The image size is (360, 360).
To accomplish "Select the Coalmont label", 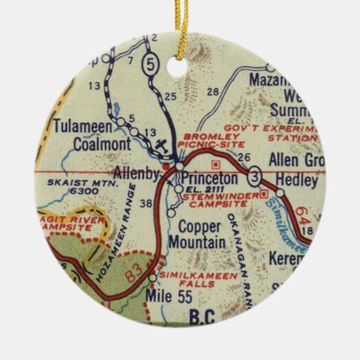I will [x=85, y=144].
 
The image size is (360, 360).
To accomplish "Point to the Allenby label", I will [x=135, y=173].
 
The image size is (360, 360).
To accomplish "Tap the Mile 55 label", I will [x=164, y=295].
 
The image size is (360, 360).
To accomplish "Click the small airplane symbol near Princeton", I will [x=160, y=145].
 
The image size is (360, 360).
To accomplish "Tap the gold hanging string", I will [x=181, y=27].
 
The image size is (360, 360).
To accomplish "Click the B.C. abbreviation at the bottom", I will [x=197, y=314].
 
